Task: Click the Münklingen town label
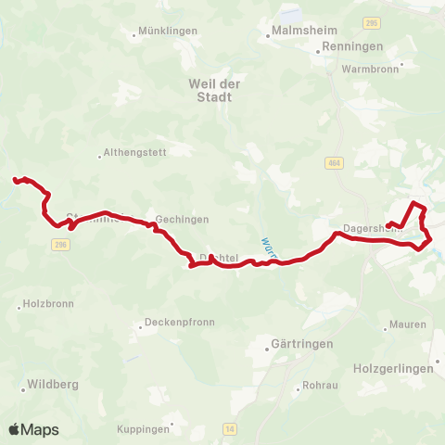[x=168, y=31]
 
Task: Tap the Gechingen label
[x=182, y=219]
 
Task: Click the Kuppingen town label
[x=144, y=428]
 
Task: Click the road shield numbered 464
[x=333, y=163]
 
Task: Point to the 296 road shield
[x=59, y=244]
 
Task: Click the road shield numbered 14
[x=230, y=428]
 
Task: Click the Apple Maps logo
[x=34, y=429]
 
